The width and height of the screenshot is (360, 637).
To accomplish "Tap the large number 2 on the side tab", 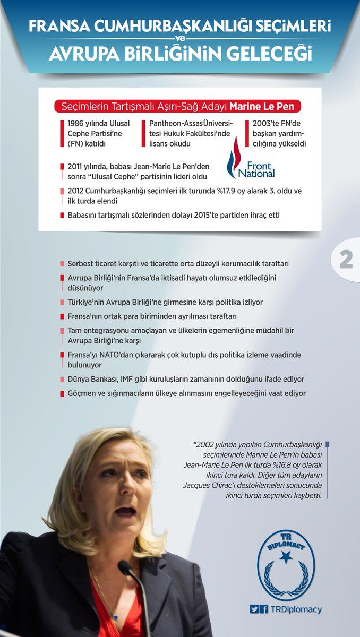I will [x=346, y=260].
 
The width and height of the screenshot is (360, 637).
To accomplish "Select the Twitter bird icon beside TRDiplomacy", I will [x=254, y=609].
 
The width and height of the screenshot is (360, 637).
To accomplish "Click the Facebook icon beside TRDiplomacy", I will [x=264, y=609].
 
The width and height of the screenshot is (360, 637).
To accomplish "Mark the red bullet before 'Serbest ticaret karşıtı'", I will [x=62, y=264].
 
